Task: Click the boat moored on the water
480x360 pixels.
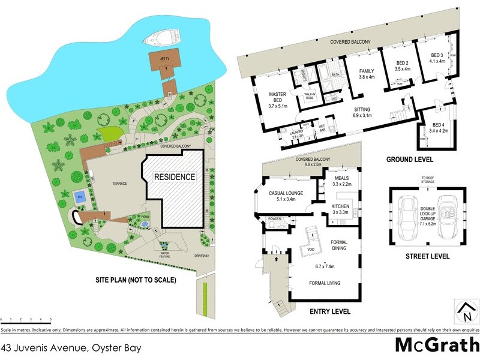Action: pyautogui.click(x=157, y=40)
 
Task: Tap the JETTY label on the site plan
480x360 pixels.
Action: pyautogui.click(x=166, y=59)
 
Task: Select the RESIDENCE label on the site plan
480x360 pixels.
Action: pyautogui.click(x=175, y=177)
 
